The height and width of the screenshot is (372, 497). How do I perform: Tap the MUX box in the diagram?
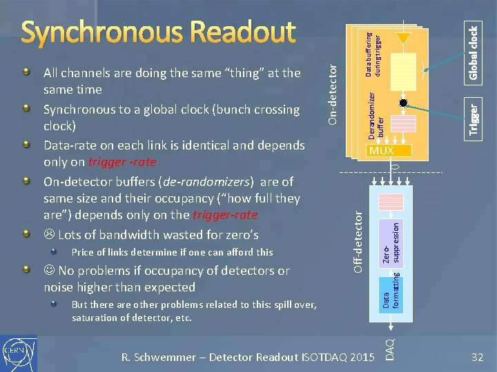[380, 150]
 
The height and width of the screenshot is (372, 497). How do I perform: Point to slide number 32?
[476, 357]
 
